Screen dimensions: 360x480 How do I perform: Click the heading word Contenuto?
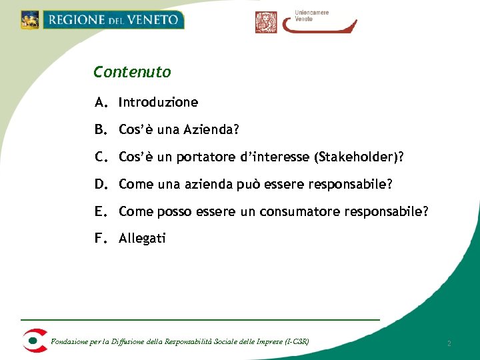[132, 72]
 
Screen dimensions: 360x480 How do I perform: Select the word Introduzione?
[158, 103]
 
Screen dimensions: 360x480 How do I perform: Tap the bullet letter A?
[101, 103]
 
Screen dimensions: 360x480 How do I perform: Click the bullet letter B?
[101, 129]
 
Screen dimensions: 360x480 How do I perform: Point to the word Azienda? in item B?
[204, 129]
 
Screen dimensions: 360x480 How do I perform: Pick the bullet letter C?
[101, 157]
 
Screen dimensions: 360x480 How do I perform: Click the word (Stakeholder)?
[359, 157]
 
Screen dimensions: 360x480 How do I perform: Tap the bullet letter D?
[101, 183]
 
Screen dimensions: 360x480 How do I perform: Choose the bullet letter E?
[101, 211]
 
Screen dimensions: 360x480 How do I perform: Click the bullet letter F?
[101, 238]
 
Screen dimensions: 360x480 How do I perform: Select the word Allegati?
[142, 238]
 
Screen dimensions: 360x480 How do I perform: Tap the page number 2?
[449, 343]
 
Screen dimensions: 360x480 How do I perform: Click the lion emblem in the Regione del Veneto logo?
[30, 19]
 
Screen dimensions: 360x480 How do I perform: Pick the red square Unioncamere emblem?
[266, 22]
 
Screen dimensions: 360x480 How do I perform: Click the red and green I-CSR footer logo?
[34, 340]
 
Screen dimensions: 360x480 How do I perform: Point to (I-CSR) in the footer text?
[297, 342]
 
